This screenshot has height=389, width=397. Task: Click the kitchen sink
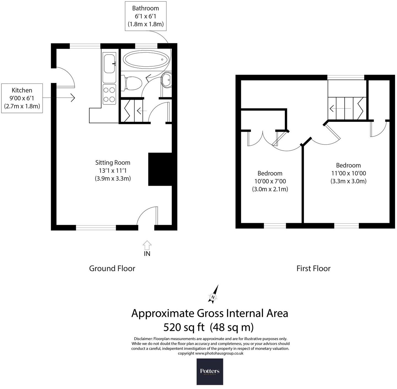point(109,64)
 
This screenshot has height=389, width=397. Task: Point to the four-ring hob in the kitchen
point(109,94)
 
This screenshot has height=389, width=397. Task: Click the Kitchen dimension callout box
point(22,98)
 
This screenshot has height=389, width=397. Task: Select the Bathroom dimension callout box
point(146,16)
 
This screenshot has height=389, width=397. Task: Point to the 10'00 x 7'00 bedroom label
point(270,181)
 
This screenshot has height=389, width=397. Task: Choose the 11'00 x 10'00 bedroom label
point(348,173)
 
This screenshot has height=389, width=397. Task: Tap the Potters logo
point(210,371)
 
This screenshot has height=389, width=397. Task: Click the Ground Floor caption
point(112,268)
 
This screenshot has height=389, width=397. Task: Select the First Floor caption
point(313,268)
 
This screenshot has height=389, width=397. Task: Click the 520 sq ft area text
point(208,327)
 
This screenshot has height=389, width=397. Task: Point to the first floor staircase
point(347,108)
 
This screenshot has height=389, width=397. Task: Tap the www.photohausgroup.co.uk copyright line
point(210,353)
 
